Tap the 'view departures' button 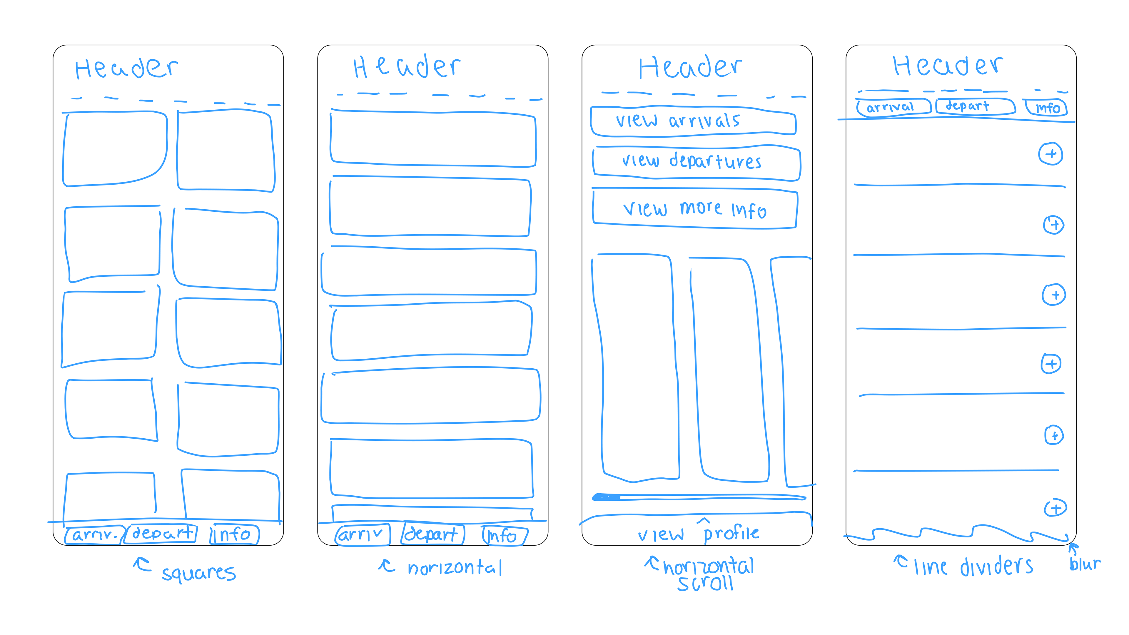coord(696,162)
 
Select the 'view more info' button coord(695,209)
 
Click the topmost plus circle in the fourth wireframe coord(1050,154)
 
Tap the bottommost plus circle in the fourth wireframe coord(1055,508)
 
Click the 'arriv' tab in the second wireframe coord(362,535)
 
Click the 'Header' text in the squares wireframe coord(126,68)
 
